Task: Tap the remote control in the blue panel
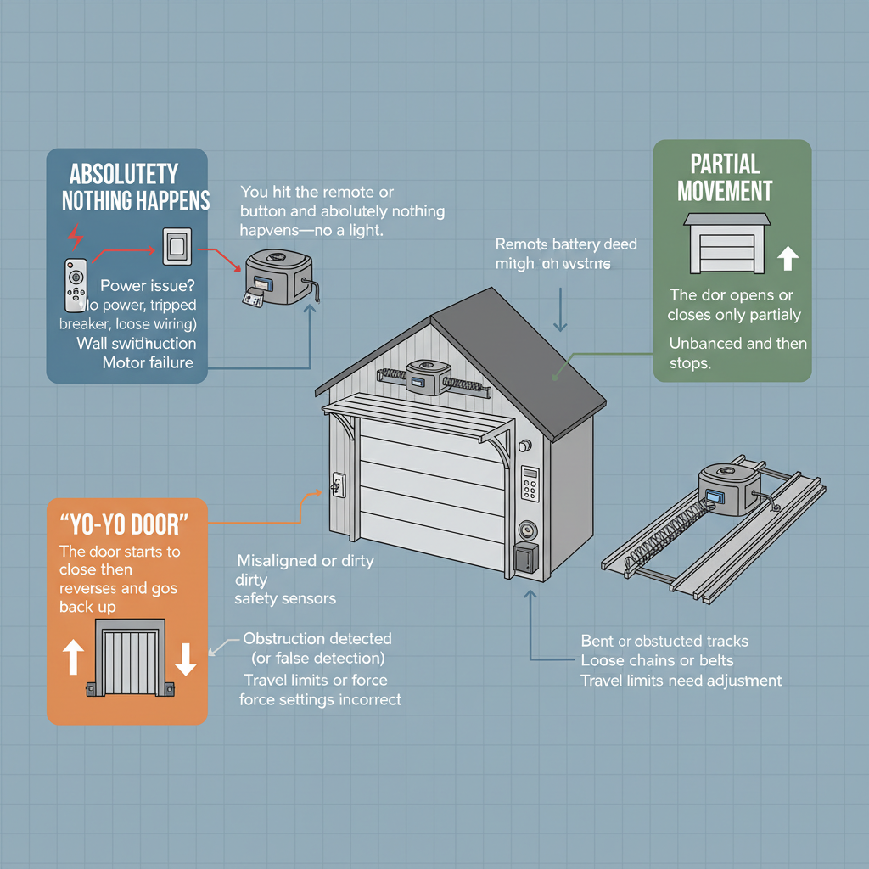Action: (76, 284)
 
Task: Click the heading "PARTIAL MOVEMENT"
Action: (724, 177)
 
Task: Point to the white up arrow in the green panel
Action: (788, 257)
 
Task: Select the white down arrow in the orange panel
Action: (186, 657)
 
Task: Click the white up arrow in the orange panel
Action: (73, 657)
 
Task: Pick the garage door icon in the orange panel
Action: (130, 657)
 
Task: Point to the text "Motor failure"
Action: (148, 363)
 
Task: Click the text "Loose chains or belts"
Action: (657, 660)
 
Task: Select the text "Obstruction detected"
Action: (317, 638)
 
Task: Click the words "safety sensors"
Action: (285, 598)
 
